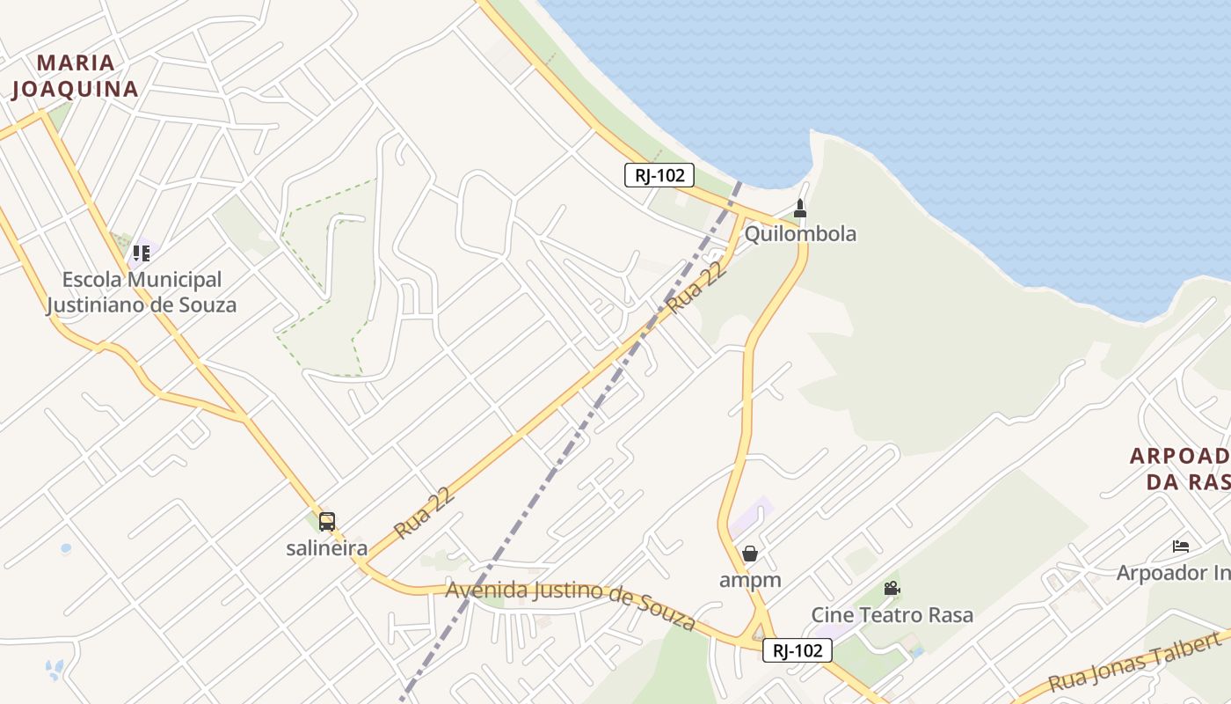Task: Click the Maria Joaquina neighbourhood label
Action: [x=75, y=76]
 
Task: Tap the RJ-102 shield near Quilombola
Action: [x=659, y=175]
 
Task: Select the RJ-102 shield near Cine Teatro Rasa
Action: [x=798, y=650]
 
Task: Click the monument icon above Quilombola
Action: [x=800, y=209]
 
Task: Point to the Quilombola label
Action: [x=800, y=233]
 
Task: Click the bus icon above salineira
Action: [x=327, y=522]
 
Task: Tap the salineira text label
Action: [x=327, y=547]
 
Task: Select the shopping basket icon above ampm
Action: [x=750, y=554]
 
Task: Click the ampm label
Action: [x=750, y=579]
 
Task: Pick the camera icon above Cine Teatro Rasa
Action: [x=892, y=588]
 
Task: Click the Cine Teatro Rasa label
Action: [x=892, y=614]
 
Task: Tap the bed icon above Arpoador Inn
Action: [x=1181, y=546]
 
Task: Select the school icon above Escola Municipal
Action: [x=142, y=253]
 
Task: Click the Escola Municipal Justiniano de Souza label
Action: [x=142, y=292]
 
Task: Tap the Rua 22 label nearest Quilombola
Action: [x=696, y=287]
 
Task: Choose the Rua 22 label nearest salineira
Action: [x=425, y=513]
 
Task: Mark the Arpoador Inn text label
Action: [x=1173, y=573]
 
